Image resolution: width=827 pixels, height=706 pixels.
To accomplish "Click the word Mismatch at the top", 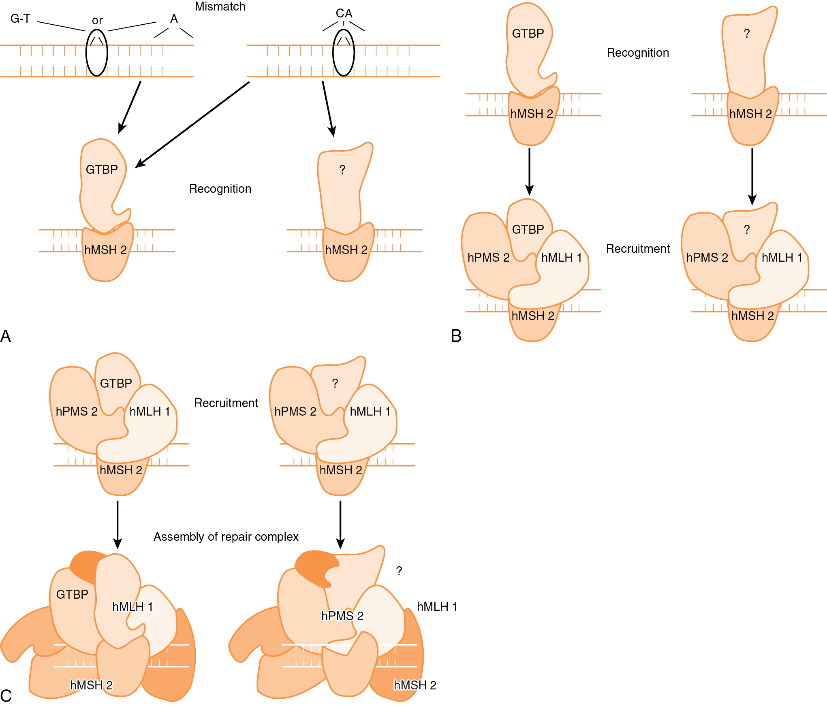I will click(220, 6).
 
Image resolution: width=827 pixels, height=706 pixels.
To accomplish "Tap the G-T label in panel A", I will click(20, 19).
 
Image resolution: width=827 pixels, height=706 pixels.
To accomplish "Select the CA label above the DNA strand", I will click(344, 13).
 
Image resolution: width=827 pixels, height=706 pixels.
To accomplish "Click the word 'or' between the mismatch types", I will click(97, 20).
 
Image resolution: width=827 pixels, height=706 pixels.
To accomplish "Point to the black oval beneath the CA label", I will click(344, 53).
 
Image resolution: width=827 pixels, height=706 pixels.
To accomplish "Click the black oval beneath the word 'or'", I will click(97, 53).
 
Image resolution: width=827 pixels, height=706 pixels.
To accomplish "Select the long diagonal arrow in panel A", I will click(192, 124).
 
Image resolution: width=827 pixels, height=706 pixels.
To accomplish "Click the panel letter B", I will click(456, 336).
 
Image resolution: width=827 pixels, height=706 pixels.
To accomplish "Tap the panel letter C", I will click(6, 696).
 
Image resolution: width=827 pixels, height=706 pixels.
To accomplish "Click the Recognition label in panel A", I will click(220, 189).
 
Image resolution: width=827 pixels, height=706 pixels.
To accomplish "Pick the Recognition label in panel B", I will click(638, 53).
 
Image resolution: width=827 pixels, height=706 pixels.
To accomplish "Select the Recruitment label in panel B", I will click(638, 249).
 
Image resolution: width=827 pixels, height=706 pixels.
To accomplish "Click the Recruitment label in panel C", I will click(226, 403).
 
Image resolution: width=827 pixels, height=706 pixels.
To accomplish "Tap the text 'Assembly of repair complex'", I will click(226, 537).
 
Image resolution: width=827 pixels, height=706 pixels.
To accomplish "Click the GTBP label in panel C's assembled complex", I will click(72, 594).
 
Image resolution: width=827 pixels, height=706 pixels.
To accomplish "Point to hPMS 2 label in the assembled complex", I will click(342, 616).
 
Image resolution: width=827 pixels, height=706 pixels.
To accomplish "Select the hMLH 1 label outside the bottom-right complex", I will click(437, 607).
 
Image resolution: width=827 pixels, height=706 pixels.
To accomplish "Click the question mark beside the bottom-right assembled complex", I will click(399, 571).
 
